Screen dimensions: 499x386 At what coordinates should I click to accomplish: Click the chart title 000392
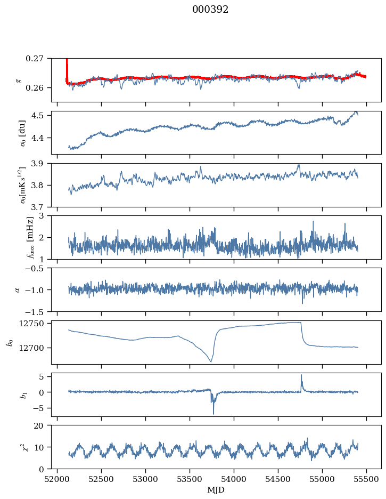point(210,10)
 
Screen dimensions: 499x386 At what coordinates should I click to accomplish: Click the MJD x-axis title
point(216,489)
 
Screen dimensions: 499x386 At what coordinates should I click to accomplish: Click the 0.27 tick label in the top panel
point(35,58)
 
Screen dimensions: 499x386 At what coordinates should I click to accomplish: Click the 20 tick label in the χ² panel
point(42,425)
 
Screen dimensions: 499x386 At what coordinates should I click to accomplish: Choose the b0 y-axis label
point(9,342)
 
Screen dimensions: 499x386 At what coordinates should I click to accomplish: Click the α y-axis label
point(18,289)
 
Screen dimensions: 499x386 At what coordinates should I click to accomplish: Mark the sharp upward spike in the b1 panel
point(301,375)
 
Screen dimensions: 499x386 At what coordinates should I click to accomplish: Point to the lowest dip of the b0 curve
point(211,362)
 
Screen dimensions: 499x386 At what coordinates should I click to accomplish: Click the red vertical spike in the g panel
point(67,67)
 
